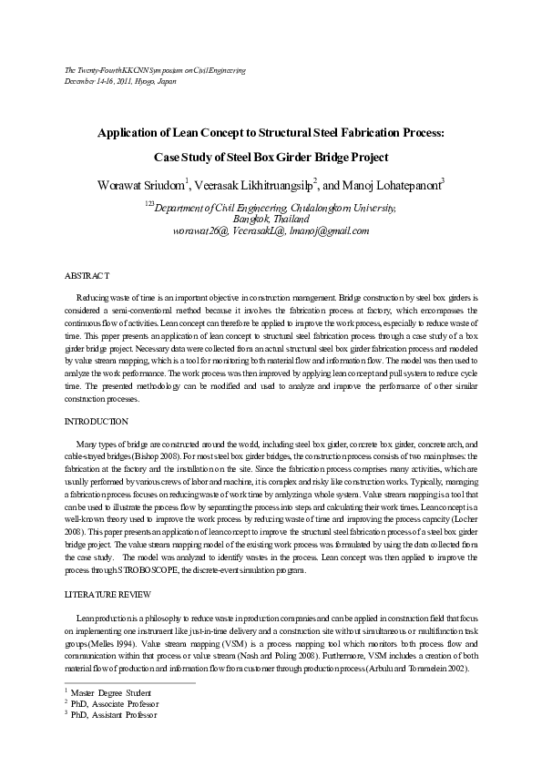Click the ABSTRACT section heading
[87, 274]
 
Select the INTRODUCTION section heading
[96, 422]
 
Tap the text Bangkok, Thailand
[271, 220]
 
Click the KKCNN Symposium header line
[156, 69]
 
